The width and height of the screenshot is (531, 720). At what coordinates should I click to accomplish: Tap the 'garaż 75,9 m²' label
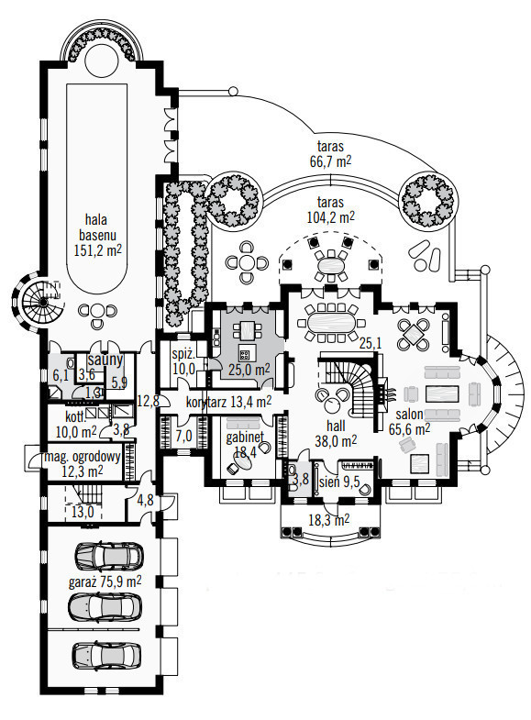[105, 582]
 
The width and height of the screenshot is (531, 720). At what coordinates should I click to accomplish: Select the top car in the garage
[109, 556]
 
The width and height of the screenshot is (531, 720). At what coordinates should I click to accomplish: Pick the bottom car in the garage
[107, 655]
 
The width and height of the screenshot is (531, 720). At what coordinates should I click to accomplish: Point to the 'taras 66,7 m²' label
[330, 154]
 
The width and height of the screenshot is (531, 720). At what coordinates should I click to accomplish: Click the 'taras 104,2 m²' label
[330, 209]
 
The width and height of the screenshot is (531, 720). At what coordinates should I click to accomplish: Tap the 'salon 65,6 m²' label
[413, 421]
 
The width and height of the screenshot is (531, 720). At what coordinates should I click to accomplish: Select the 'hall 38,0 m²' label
[336, 434]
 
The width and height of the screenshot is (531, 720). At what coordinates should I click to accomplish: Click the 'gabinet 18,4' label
[245, 444]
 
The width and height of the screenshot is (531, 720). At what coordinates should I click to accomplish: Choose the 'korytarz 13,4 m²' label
[228, 402]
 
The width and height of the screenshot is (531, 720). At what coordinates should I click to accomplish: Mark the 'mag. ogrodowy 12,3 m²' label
[83, 463]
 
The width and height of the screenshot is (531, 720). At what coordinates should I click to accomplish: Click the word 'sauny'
[105, 360]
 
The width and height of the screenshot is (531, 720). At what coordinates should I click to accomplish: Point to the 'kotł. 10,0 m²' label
[76, 425]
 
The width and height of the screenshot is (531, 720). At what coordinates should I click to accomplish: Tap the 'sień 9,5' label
[339, 482]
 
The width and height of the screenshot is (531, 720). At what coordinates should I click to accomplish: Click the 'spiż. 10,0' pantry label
[183, 361]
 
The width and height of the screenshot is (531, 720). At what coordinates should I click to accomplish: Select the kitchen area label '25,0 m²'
[249, 370]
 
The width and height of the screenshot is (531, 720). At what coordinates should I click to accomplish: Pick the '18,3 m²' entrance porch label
[328, 519]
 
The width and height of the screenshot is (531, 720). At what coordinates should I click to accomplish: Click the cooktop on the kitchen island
[245, 354]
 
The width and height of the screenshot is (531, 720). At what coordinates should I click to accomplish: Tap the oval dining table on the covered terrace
[330, 265]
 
